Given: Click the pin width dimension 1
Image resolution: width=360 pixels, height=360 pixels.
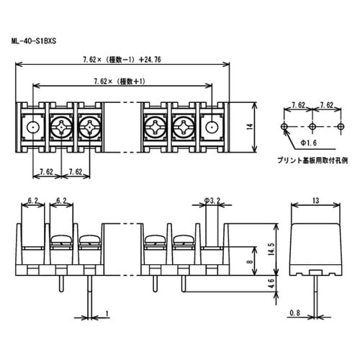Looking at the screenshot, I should [106, 312].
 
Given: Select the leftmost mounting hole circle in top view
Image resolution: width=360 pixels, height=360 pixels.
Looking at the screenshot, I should [32, 127].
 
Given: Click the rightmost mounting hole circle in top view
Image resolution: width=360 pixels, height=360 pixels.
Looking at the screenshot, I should [212, 127].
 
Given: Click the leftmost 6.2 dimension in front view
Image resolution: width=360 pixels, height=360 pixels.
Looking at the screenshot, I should [32, 200].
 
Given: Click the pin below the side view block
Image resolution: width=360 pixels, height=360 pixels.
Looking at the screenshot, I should [316, 295].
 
